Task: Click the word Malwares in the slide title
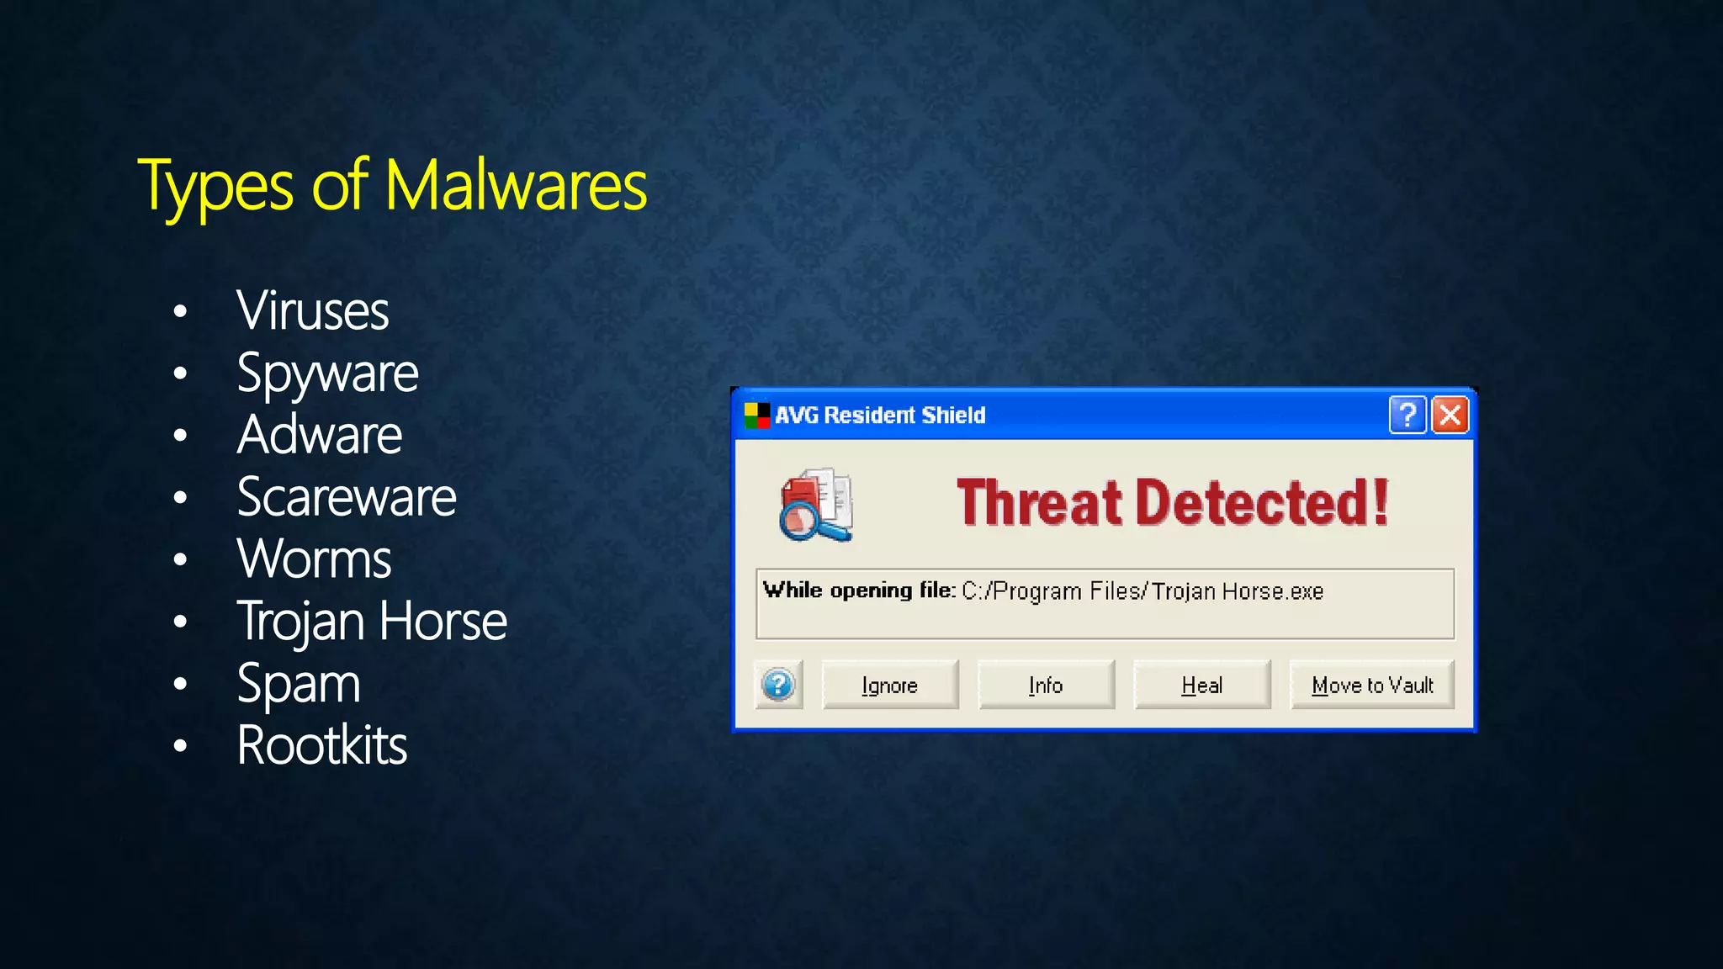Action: [516, 185]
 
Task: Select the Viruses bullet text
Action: [312, 310]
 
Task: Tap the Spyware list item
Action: [327, 373]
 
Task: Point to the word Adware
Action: [320, 435]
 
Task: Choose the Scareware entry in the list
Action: [346, 497]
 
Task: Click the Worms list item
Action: [314, 559]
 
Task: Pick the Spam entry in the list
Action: [299, 684]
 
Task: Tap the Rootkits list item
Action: [321, 745]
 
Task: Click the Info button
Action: [1046, 686]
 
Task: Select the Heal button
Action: [1201, 686]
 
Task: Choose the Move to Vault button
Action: [1372, 686]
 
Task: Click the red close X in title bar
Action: [1450, 415]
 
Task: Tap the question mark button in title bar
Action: [1407, 415]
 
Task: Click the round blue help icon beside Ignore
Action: [778, 685]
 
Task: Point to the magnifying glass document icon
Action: [815, 505]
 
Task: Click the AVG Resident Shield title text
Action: [879, 416]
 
